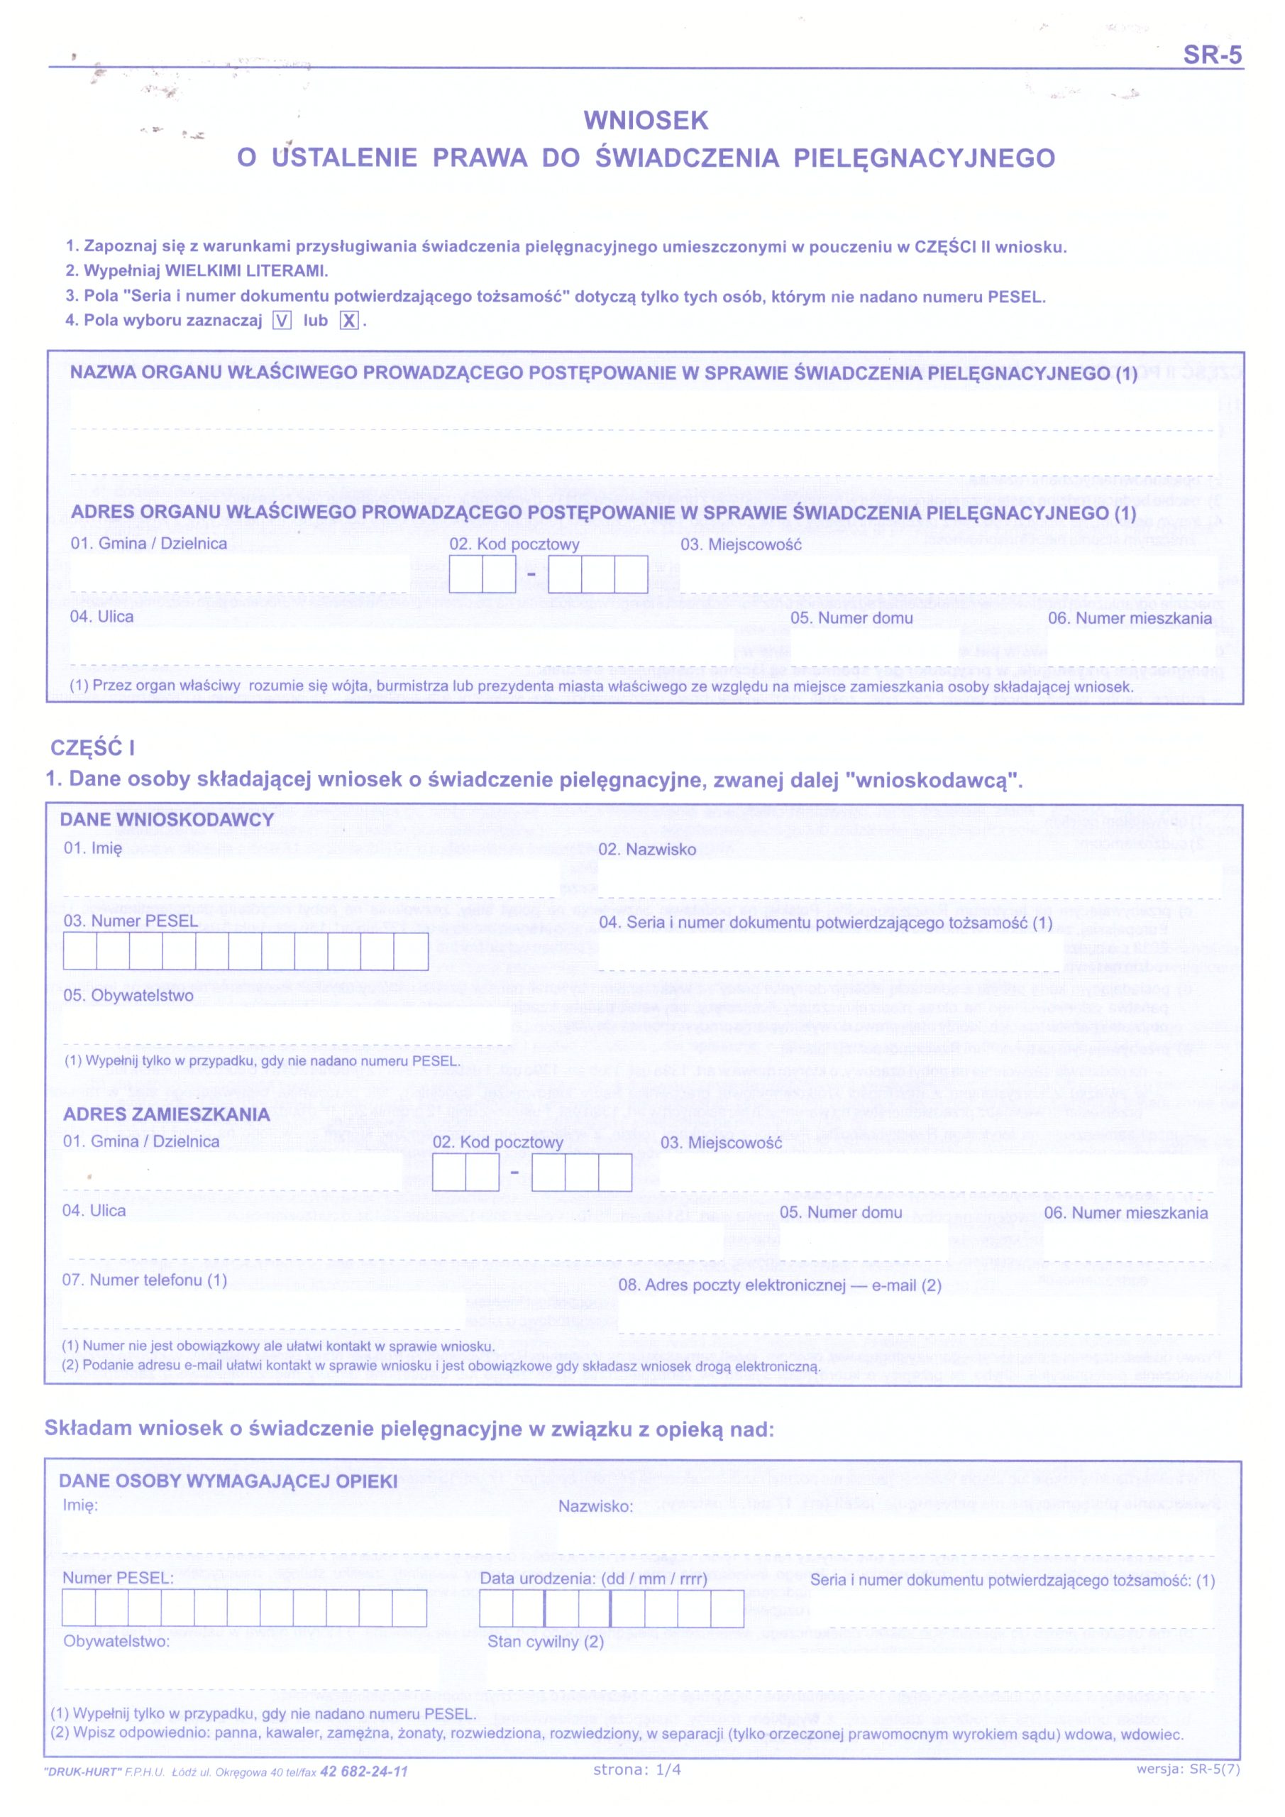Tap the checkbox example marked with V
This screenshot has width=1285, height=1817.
(282, 321)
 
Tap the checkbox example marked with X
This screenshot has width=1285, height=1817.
(349, 321)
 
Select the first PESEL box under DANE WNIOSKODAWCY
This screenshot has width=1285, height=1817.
(80, 951)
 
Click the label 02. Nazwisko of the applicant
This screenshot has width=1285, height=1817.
(646, 849)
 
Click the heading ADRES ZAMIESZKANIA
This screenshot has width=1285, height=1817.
(166, 1114)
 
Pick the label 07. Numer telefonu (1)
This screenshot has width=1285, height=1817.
(145, 1280)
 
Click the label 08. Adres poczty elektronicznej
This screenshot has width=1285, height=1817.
(779, 1285)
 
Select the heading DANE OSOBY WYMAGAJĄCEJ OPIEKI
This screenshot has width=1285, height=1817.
(228, 1481)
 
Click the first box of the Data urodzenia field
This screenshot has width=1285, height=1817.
(496, 1608)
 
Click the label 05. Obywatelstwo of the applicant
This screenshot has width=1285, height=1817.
(128, 996)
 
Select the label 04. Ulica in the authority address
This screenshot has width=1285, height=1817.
(102, 617)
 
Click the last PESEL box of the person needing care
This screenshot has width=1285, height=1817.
(409, 1608)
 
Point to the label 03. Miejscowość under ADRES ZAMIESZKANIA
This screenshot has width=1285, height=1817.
(721, 1143)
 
